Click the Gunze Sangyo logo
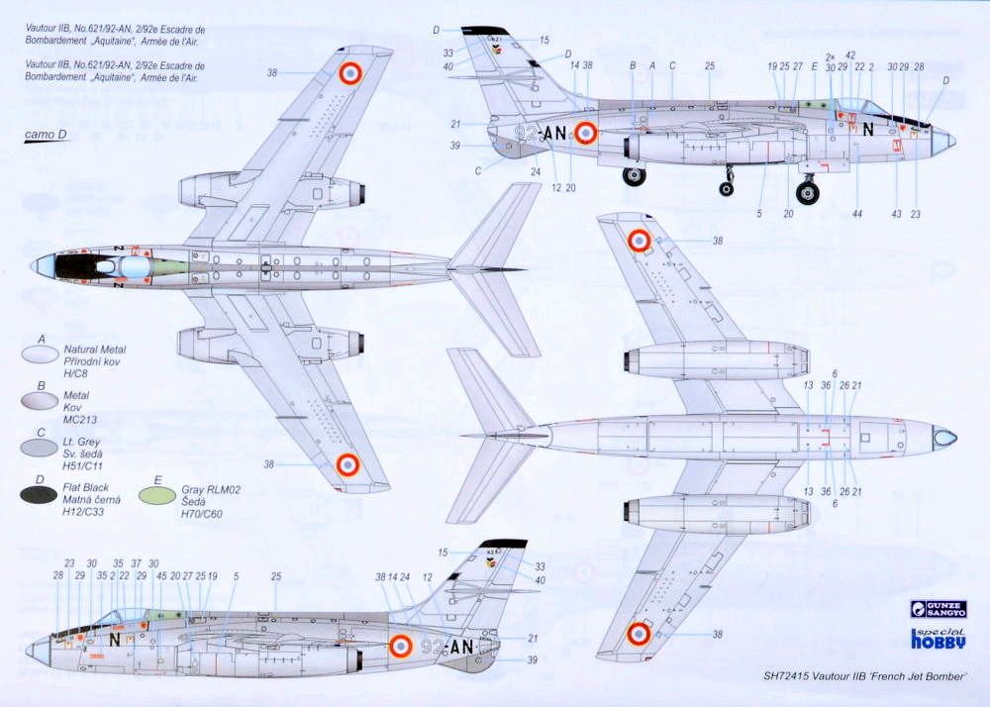(x=939, y=609)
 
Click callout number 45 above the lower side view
(x=161, y=576)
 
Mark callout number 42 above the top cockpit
(x=850, y=55)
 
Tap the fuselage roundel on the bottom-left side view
(x=400, y=647)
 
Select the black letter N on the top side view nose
(x=868, y=129)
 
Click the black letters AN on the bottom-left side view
(x=460, y=647)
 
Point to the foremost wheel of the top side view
(x=808, y=192)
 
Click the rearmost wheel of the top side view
(x=634, y=176)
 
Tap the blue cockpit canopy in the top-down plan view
(x=135, y=265)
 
